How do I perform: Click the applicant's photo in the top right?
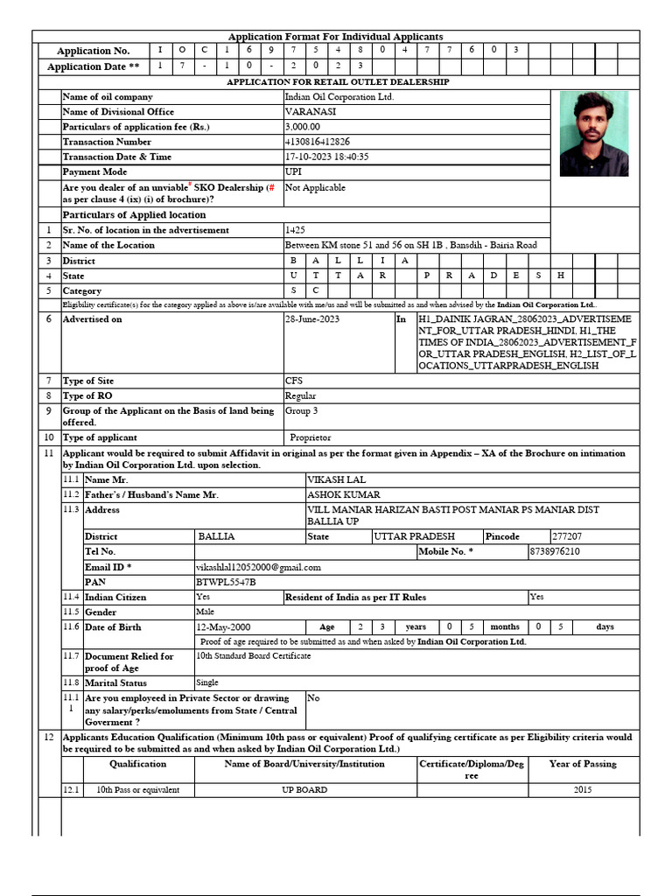click(594, 134)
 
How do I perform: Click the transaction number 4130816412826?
click(318, 142)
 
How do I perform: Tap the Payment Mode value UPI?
click(293, 171)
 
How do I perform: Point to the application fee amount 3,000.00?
click(303, 127)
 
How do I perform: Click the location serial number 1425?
click(295, 230)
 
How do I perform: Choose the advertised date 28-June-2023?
click(312, 319)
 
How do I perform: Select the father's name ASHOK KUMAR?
click(344, 494)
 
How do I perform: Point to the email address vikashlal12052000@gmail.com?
click(258, 567)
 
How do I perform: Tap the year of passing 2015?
click(583, 790)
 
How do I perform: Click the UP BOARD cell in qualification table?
click(304, 790)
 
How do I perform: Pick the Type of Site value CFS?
click(294, 381)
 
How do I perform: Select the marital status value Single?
click(207, 682)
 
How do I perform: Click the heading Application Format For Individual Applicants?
click(336, 37)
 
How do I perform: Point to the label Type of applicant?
click(100, 437)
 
